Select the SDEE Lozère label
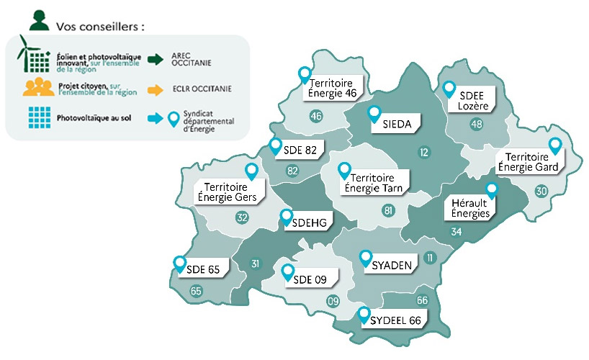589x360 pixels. point(473,102)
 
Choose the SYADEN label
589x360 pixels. point(392,266)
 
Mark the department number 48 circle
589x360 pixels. point(476,124)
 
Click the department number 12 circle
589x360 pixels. point(423,151)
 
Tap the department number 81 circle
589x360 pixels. point(388,210)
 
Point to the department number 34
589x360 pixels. point(456,232)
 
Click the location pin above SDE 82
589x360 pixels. point(274,146)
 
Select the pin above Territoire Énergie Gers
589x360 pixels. point(251,171)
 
